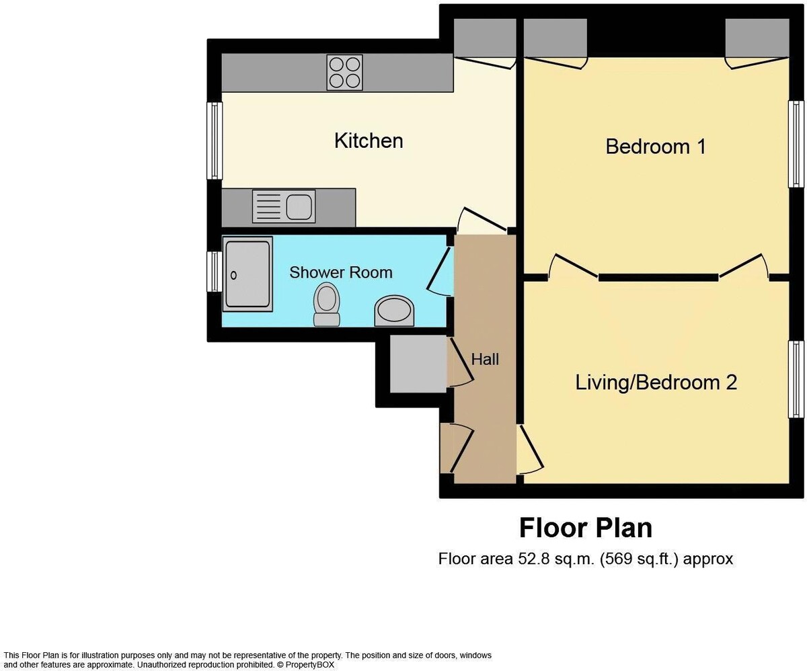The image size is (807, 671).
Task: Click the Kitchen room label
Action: coord(369,141)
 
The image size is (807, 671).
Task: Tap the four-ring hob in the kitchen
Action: coord(344,72)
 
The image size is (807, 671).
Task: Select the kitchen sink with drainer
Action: coord(283,206)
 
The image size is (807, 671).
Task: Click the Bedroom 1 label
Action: coord(656,146)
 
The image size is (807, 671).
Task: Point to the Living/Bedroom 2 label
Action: coord(656,383)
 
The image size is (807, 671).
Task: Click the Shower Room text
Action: coord(341,272)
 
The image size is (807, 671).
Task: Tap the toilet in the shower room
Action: coord(326,304)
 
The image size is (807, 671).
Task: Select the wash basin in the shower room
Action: coord(394,311)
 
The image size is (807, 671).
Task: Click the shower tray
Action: coord(247,274)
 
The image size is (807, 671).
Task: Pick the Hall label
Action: coord(485,360)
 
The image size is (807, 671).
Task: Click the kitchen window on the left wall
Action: coord(215,141)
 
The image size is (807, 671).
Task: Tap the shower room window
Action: coord(215,272)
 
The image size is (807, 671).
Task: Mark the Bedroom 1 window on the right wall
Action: coord(796,144)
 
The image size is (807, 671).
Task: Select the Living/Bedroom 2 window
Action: coord(796,379)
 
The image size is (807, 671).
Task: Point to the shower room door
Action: coord(440,270)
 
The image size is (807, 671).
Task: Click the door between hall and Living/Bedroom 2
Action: coord(530,448)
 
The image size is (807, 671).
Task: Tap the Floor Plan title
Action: coord(585,528)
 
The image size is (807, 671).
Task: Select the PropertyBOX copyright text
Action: coord(307,664)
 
